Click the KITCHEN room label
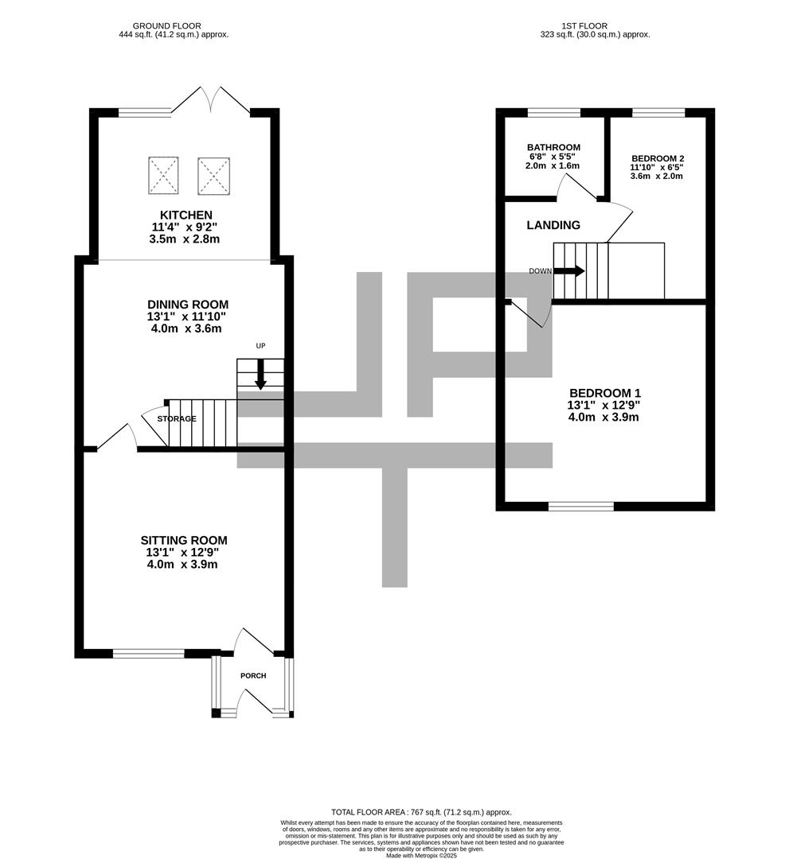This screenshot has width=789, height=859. point(186,215)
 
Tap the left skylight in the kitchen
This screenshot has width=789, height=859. point(163,175)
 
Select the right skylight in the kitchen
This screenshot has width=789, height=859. point(214,176)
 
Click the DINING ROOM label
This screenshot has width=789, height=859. point(188,305)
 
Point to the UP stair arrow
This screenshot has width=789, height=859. point(260,374)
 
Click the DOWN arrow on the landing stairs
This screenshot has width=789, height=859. point(570,270)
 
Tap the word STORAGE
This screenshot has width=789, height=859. point(177,418)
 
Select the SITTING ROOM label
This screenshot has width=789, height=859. point(184,541)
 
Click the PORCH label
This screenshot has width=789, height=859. point(253,675)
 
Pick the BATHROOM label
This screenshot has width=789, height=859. point(554,147)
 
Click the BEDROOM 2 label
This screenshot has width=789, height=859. point(658,158)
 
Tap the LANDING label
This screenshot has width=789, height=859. point(553,225)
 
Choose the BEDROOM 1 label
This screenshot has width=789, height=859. point(605,393)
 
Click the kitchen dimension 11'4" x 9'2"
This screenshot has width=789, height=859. point(186,227)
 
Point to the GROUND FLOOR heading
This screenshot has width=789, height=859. point(166,25)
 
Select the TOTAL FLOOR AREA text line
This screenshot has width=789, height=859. point(421,812)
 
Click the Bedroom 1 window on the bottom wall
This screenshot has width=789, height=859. point(581,506)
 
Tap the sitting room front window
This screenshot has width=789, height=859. point(149,653)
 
